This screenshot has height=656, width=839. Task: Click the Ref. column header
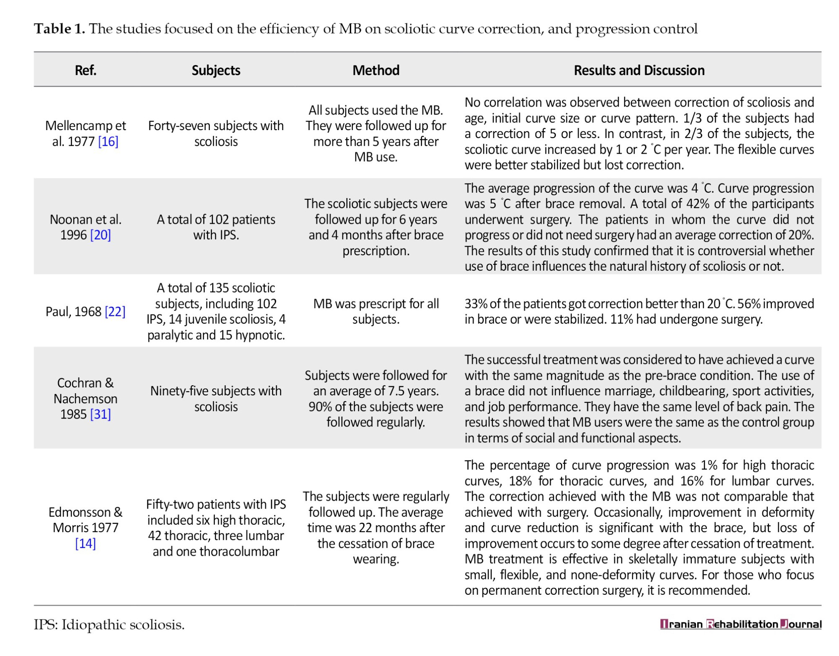click(x=86, y=70)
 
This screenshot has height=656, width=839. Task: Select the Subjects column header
click(x=216, y=70)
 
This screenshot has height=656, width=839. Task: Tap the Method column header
click(x=376, y=70)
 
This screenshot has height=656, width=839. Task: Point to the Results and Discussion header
click(x=639, y=70)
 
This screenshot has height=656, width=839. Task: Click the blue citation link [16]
click(x=108, y=141)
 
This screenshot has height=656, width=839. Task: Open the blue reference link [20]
click(x=101, y=235)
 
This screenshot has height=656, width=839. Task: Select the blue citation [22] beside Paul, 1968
click(x=115, y=311)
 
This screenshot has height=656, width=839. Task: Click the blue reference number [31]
click(x=101, y=414)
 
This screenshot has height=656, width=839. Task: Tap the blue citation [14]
click(x=86, y=544)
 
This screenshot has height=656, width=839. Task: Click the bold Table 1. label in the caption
click(x=60, y=29)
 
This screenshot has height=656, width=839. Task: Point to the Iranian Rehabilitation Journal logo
click(x=740, y=624)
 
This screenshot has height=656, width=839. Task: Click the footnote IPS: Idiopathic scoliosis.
click(x=109, y=625)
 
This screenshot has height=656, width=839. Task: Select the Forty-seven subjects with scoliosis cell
click(x=216, y=133)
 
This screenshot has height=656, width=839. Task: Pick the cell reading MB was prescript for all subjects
click(x=376, y=311)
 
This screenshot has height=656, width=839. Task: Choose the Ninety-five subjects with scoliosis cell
click(x=216, y=399)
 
